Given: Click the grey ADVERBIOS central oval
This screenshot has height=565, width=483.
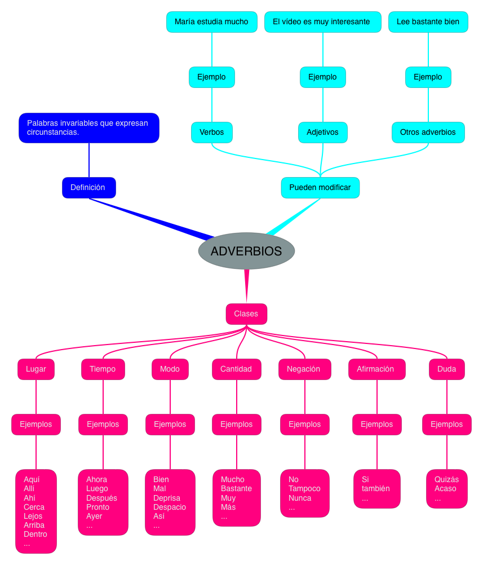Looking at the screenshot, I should click(246, 251).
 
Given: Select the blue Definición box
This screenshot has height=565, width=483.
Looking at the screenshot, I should click(88, 188).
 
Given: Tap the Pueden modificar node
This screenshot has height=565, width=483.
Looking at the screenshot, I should click(320, 188).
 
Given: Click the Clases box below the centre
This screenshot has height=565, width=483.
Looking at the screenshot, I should click(246, 314).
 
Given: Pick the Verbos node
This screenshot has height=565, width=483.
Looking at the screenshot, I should click(211, 133).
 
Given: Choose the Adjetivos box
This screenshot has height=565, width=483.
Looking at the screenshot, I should click(322, 133).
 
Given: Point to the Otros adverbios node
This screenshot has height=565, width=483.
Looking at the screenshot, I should click(428, 133).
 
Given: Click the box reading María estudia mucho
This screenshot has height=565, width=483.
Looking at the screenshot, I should click(211, 22).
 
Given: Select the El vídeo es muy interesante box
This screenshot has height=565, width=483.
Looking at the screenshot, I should click(322, 22).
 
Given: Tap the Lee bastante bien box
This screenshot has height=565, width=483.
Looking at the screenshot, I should click(428, 22).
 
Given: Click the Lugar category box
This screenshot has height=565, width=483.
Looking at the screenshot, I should click(36, 369).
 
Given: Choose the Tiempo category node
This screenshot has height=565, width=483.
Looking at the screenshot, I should click(103, 369).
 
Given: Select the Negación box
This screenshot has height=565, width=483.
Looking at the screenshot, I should click(304, 369).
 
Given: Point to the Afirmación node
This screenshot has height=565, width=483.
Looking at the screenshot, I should click(376, 369).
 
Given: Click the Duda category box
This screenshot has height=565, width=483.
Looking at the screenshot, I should click(446, 369).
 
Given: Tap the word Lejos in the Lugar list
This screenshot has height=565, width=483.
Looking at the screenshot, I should click(33, 516).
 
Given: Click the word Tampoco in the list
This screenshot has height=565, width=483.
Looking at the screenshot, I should click(304, 489).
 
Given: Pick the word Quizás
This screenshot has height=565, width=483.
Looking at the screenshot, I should click(446, 480).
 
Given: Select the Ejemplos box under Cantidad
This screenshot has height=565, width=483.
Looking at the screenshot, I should click(237, 425).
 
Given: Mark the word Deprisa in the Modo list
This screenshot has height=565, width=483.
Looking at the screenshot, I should click(167, 498).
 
